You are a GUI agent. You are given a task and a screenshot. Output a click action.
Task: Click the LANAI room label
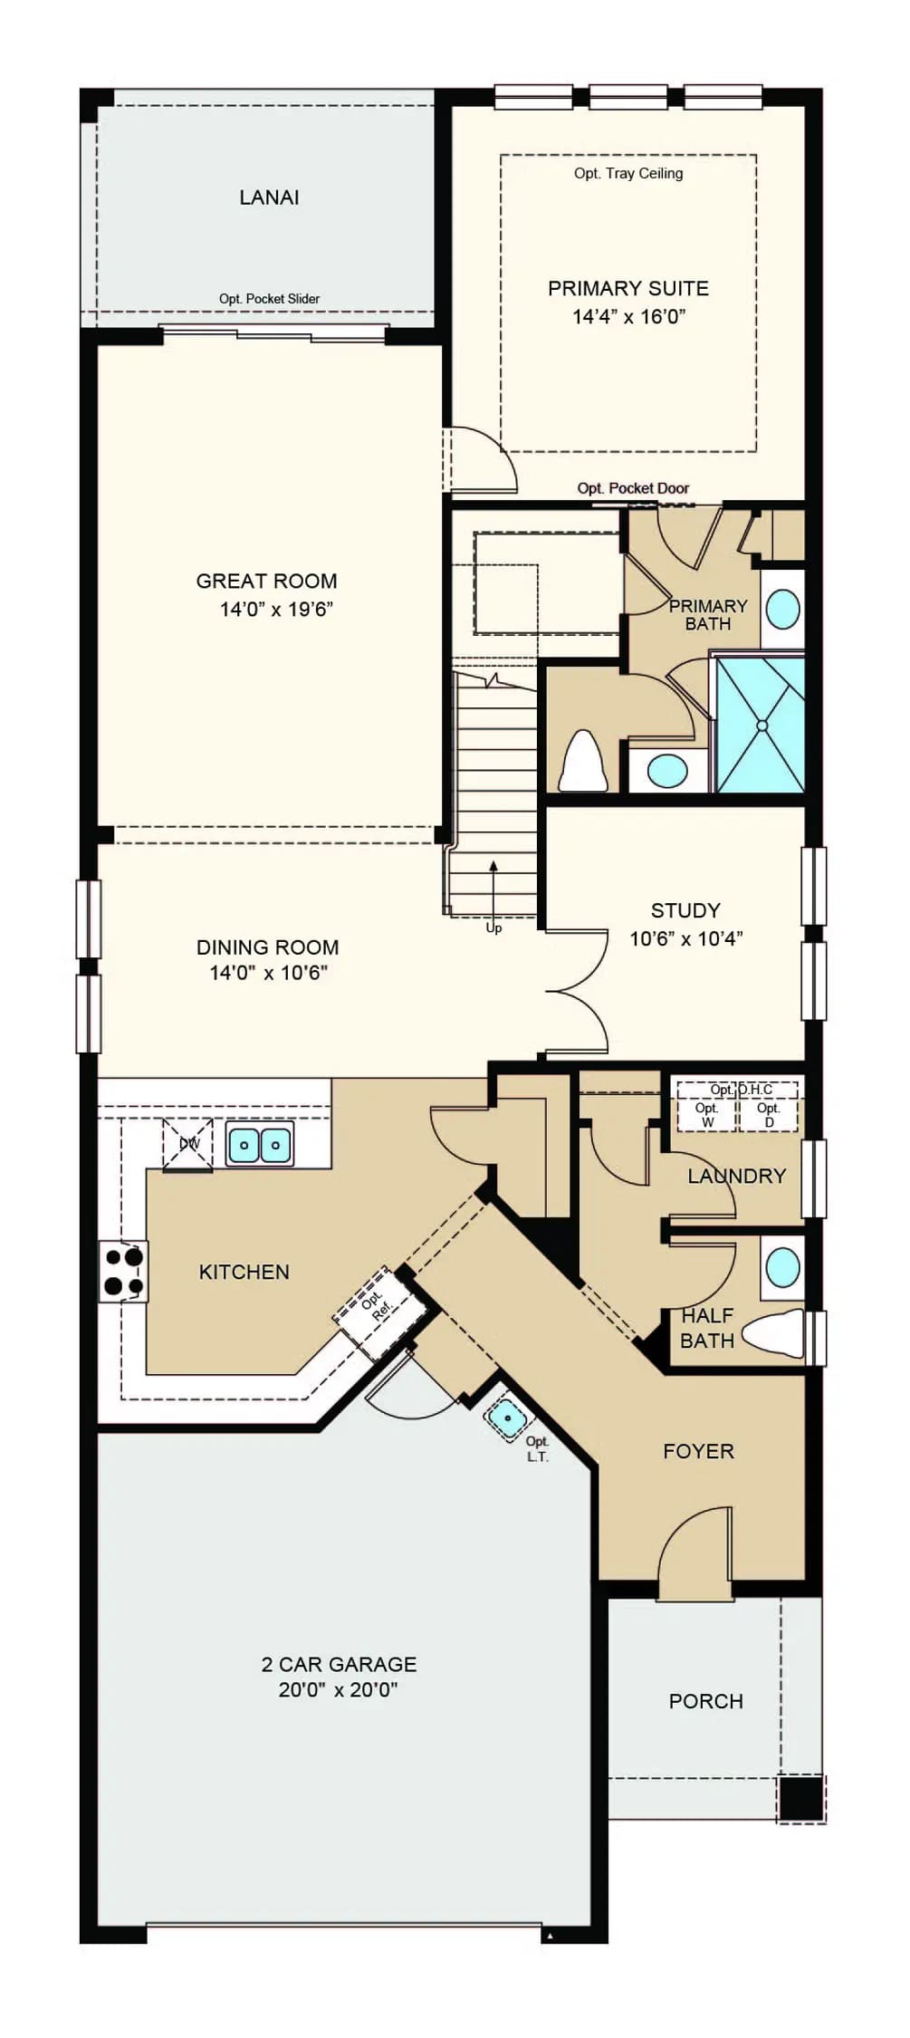tap(269, 197)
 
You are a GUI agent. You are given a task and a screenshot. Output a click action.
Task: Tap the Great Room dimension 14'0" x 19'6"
tap(276, 609)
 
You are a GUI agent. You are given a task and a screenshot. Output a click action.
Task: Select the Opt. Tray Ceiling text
tap(628, 173)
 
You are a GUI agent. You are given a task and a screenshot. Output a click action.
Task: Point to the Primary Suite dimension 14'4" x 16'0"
tap(629, 316)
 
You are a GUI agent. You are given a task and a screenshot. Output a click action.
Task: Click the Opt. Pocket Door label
tap(633, 488)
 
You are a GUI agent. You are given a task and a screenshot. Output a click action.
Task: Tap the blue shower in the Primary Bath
tap(761, 725)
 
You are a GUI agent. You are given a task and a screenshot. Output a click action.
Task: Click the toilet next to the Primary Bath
tap(584, 760)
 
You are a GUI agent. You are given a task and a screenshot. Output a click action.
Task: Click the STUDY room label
tap(685, 910)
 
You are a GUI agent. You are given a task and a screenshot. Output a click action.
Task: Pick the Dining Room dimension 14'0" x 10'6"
tap(268, 973)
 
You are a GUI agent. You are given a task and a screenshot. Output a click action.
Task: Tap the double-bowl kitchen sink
tap(260, 1145)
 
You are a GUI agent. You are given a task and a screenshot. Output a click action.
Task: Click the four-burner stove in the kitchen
tap(123, 1271)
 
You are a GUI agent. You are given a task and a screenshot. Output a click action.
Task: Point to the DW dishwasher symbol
tap(187, 1144)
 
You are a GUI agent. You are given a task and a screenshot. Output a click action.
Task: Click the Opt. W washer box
tap(706, 1115)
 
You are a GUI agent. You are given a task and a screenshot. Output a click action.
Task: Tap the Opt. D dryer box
tap(769, 1115)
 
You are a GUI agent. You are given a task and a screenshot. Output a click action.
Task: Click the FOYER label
tap(698, 1451)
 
